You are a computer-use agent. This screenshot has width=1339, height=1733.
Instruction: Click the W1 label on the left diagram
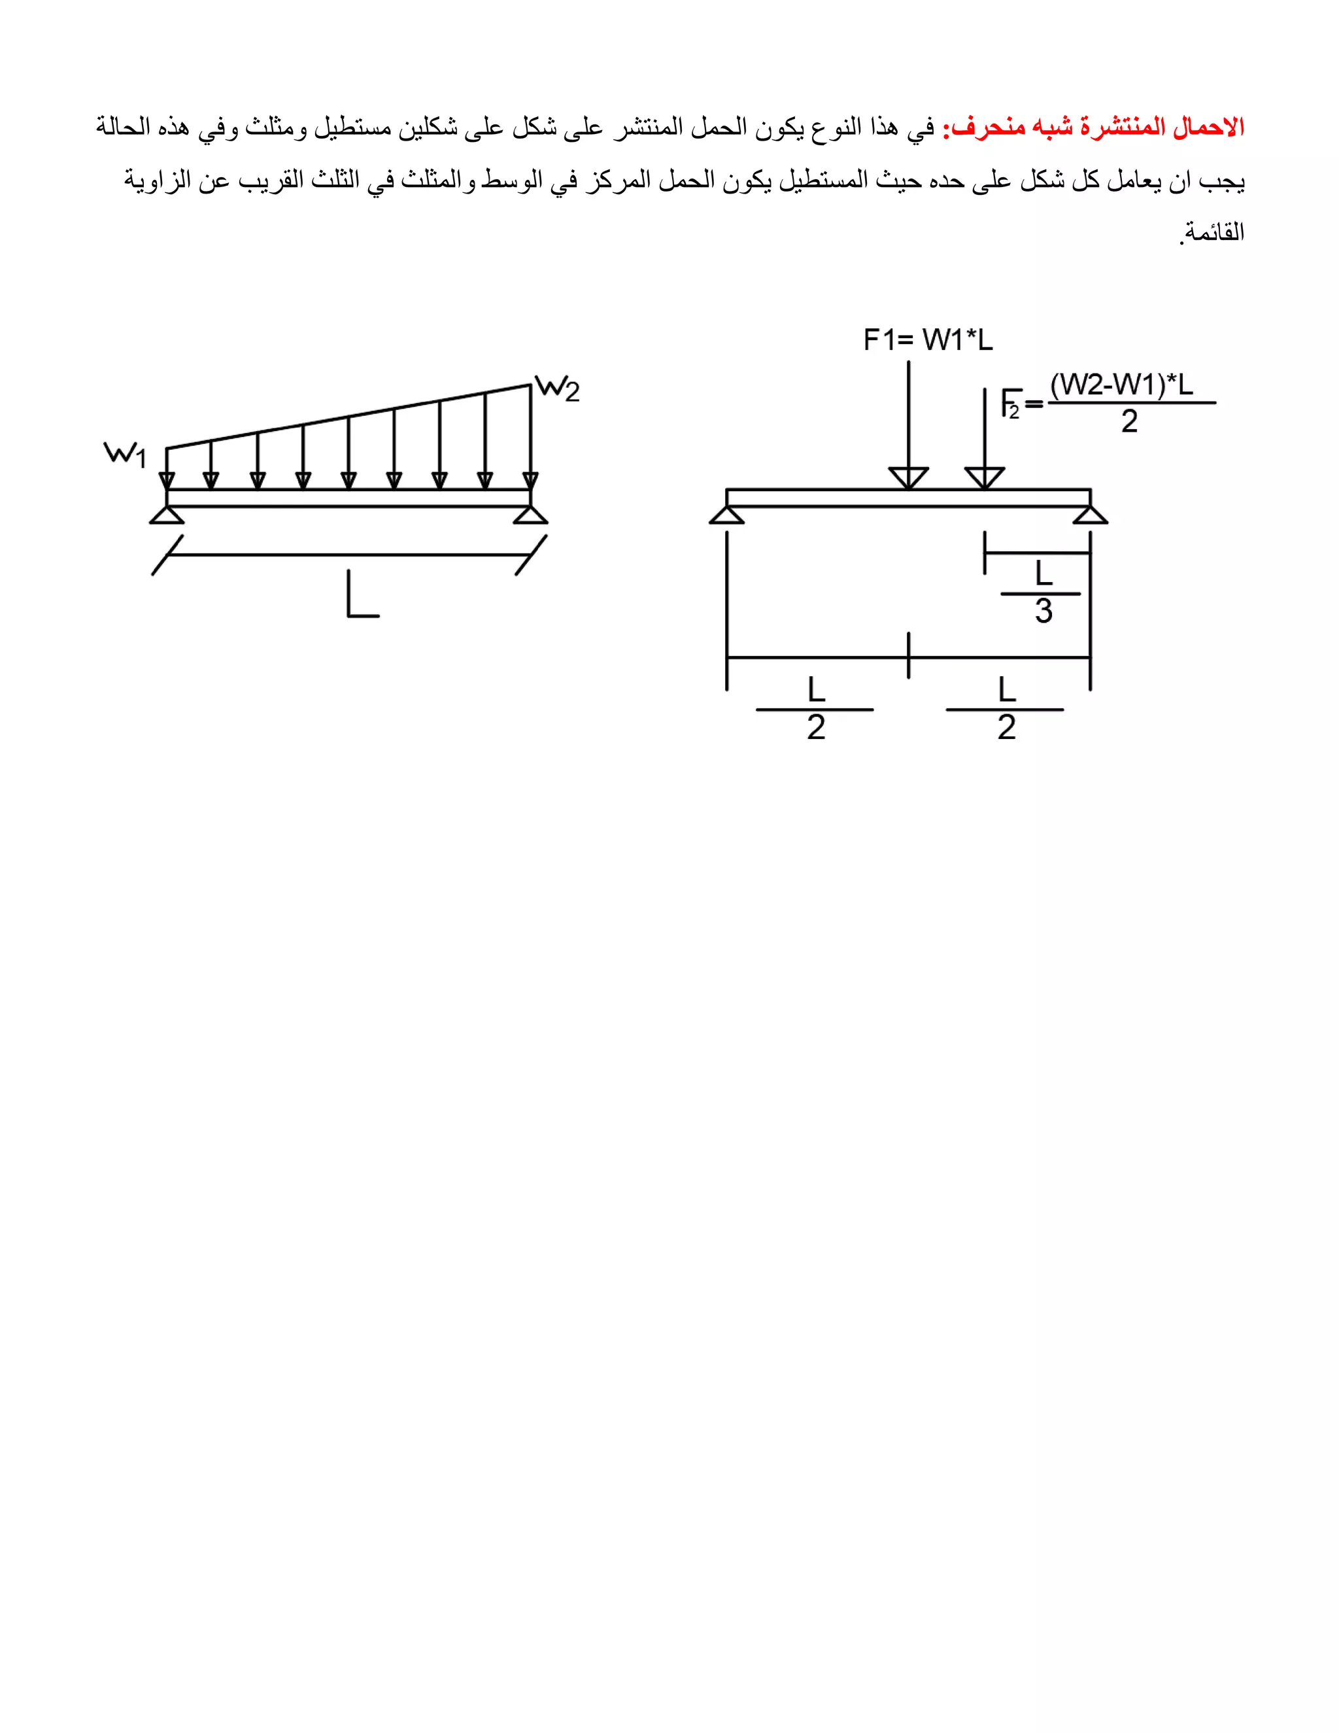pyautogui.click(x=126, y=455)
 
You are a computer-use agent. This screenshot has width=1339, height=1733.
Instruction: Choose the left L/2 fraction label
pyautogui.click(x=815, y=709)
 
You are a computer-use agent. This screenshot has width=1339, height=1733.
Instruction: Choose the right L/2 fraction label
pyautogui.click(x=1006, y=709)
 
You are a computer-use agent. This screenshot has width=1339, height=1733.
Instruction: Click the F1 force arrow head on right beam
pyautogui.click(x=908, y=477)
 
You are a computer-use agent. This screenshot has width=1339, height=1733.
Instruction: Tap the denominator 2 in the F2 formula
pyautogui.click(x=1128, y=421)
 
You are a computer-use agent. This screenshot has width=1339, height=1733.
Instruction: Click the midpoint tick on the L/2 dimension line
pyautogui.click(x=908, y=656)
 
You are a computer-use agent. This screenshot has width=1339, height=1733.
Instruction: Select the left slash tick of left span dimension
pyautogui.click(x=167, y=555)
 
